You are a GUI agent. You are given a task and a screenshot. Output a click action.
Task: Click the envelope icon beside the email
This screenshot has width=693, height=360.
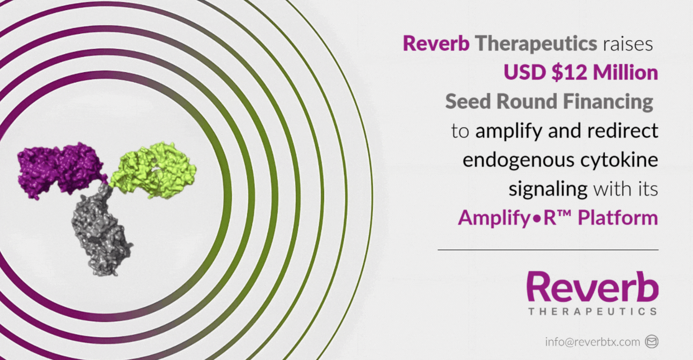[652, 342]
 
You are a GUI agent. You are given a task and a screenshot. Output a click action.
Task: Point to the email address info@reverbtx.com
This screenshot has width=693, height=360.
[592, 342]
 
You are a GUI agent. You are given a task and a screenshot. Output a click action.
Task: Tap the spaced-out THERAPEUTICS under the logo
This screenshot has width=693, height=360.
[593, 311]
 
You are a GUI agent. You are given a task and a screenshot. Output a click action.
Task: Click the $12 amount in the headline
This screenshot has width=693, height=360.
[569, 73]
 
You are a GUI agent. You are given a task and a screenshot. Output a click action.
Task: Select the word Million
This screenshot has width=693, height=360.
[625, 73]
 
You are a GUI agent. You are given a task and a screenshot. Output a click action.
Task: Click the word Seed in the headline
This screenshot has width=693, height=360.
[468, 101]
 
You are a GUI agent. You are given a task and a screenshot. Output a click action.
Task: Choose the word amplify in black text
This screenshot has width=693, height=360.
[508, 131]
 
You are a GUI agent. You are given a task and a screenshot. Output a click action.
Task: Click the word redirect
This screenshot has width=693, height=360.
[623, 130]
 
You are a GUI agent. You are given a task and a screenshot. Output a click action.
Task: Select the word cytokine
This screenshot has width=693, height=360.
[619, 160]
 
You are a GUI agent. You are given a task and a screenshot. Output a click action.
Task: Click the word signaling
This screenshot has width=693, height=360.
[548, 189]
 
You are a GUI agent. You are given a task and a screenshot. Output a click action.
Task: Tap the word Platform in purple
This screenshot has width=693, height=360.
[618, 217]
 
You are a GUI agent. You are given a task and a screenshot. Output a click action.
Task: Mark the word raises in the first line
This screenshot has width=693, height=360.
[628, 44]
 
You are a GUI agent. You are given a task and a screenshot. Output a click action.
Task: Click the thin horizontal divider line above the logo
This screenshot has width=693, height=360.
[548, 249]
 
